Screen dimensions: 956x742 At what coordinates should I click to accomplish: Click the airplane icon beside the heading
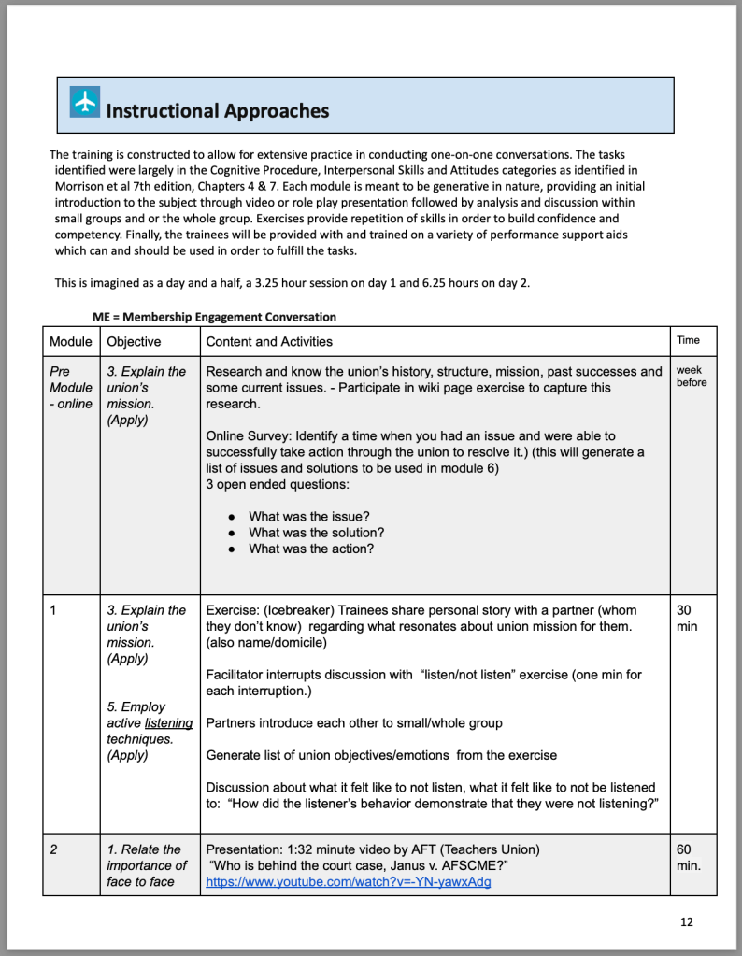point(85,103)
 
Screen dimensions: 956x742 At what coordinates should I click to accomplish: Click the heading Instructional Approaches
point(217,111)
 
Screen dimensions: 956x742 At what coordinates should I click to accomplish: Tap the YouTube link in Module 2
point(348,881)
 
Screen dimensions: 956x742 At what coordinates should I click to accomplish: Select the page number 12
point(687,922)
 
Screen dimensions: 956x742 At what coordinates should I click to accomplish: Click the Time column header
point(688,340)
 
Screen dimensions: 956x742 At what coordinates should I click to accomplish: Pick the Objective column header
point(134,342)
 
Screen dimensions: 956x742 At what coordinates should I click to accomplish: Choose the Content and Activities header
point(269,342)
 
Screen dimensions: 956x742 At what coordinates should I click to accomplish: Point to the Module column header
point(71,342)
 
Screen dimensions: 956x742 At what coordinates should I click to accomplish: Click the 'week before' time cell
point(692,377)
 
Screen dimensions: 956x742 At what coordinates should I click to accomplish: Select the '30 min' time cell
point(686,618)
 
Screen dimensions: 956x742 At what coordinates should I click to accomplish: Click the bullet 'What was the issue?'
point(309,516)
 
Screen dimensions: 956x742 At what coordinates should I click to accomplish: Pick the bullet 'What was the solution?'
point(316,533)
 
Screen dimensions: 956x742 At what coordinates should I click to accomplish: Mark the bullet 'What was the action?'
point(311,549)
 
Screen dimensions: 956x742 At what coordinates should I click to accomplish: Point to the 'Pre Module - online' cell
point(71,387)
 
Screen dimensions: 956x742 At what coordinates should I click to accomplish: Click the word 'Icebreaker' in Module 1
point(298,610)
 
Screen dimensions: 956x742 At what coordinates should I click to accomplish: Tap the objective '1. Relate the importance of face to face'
point(147,865)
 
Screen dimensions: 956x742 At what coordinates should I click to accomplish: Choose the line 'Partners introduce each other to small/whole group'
point(354,722)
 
